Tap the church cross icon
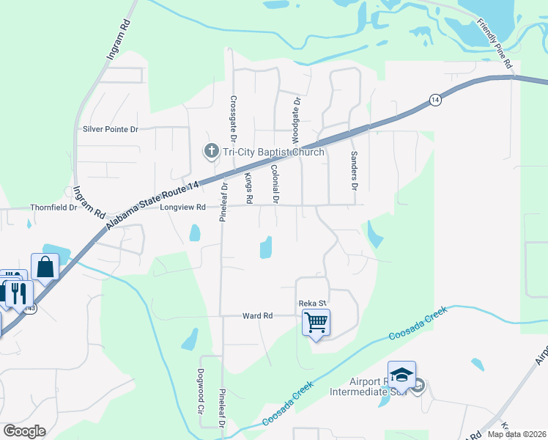211,152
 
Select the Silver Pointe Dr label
111,129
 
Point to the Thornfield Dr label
53,208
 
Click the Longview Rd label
182,208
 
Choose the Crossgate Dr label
234,118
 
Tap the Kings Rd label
248,188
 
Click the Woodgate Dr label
296,120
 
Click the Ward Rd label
257,315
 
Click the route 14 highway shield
435,100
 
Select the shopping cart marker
316,322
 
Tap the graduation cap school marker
401,375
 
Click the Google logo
24,431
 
